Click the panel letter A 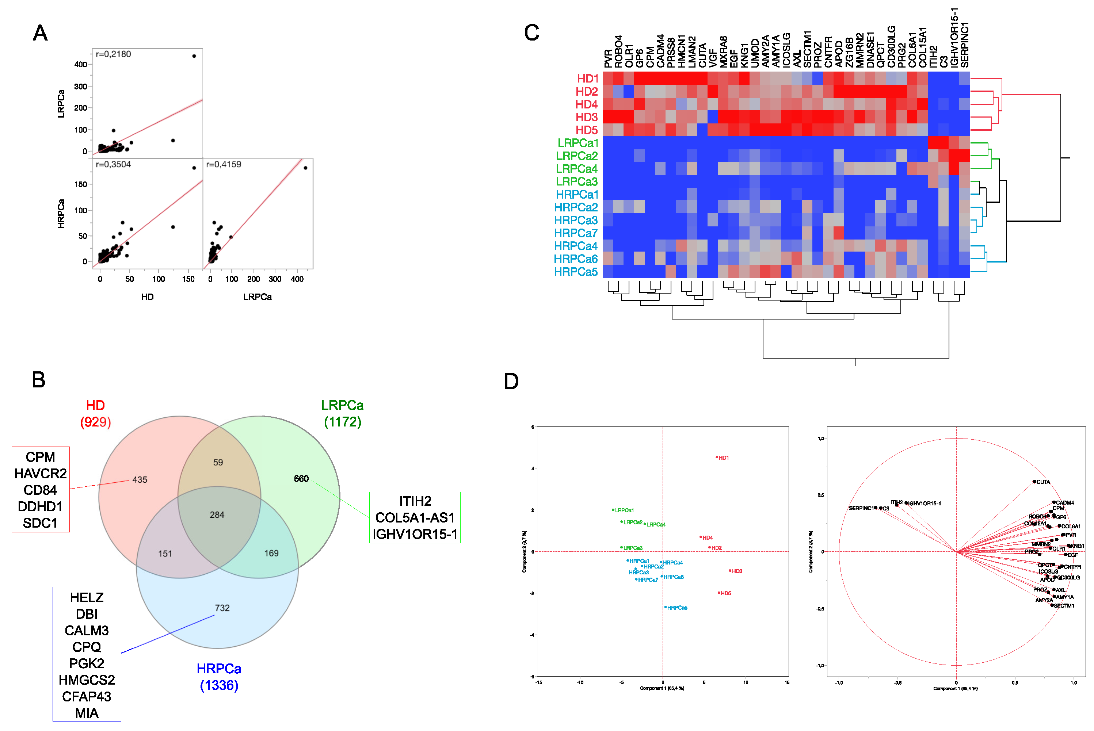tap(40, 33)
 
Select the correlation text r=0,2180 tap(113, 54)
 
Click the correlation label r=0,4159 tap(224, 165)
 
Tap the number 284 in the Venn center tap(217, 515)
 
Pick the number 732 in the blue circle tap(222, 608)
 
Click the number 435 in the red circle tap(140, 480)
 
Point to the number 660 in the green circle tap(301, 479)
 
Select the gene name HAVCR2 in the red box tap(41, 474)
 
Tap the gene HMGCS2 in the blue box tap(87, 680)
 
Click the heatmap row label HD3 tap(586, 117)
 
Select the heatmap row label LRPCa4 tap(576, 169)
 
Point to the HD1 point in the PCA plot tap(717, 458)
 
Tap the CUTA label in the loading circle tap(1043, 482)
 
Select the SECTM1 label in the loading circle tap(1064, 606)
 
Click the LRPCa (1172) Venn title tap(342, 414)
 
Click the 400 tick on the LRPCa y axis tap(81, 65)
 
